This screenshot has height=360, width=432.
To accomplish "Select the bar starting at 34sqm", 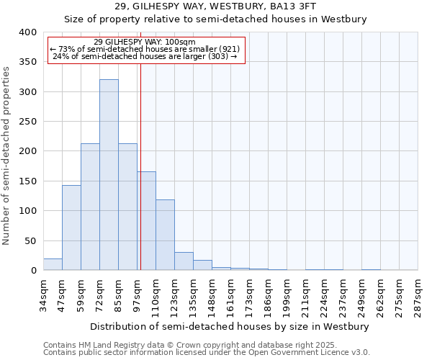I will pyautogui.click(x=53, y=264).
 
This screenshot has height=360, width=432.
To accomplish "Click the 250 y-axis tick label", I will pyautogui.click(x=27, y=122).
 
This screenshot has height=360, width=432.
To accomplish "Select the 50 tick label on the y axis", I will pyautogui.click(x=30, y=240).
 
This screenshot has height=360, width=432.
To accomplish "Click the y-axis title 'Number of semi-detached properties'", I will pyautogui.click(x=7, y=156).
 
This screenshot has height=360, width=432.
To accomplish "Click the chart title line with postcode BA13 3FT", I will pyautogui.click(x=216, y=6).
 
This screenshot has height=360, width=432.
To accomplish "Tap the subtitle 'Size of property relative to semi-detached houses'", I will pyautogui.click(x=216, y=19).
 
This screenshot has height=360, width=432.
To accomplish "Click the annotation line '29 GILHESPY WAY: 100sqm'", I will pyautogui.click(x=144, y=42).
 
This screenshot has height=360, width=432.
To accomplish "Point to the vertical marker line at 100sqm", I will pyautogui.click(x=140, y=166).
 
